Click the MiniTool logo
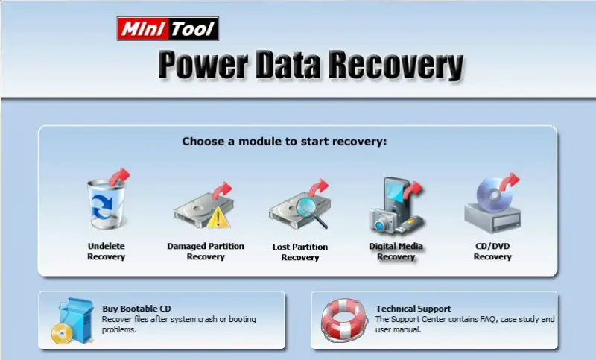(x=168, y=29)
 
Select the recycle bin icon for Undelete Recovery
(x=106, y=203)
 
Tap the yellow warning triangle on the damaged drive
(x=218, y=218)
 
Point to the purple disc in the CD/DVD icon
(x=493, y=195)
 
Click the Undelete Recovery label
(x=106, y=251)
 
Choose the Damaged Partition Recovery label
(x=206, y=251)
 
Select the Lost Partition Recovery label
(x=300, y=252)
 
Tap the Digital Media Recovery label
(x=396, y=251)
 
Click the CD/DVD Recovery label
(x=492, y=251)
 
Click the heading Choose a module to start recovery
(x=285, y=142)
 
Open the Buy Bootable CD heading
(x=136, y=309)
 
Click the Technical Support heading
(x=413, y=309)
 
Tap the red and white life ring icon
(x=344, y=320)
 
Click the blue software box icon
(x=76, y=319)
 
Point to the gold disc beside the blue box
(x=62, y=334)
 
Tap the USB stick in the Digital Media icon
(x=409, y=225)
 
